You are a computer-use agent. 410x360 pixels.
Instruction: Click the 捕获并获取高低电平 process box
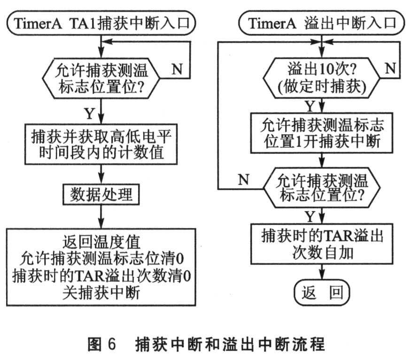click(x=101, y=146)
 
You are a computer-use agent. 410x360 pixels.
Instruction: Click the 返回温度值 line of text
click(x=101, y=243)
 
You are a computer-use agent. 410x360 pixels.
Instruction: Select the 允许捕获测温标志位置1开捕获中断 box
click(x=320, y=133)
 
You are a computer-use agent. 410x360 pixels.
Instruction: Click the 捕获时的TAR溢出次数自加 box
click(x=320, y=245)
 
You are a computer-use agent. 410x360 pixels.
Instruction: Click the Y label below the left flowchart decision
click(x=88, y=114)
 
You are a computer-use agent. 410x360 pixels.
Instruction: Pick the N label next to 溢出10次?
click(x=389, y=69)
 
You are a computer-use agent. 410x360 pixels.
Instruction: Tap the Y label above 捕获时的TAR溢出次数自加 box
click(x=309, y=217)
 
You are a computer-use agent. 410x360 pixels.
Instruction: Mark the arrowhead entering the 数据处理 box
click(x=101, y=183)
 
